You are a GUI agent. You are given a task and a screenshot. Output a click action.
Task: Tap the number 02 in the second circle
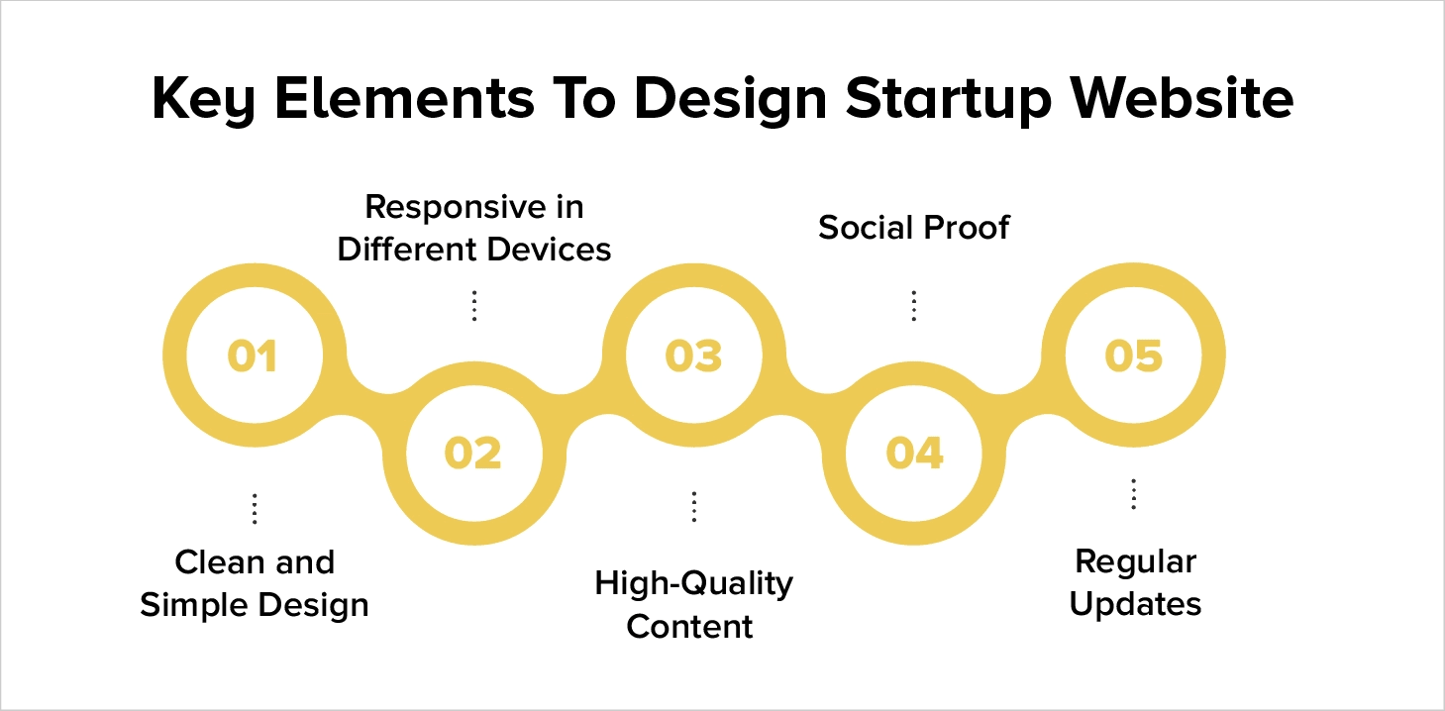tap(473, 453)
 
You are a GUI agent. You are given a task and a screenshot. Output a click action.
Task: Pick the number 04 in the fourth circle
tap(914, 453)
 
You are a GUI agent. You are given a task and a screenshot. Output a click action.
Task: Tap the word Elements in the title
tap(400, 99)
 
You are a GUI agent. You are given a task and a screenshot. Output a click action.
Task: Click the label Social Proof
tap(913, 228)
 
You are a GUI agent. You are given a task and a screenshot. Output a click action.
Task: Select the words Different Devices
tap(473, 250)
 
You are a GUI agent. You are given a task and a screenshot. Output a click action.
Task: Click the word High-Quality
tap(693, 583)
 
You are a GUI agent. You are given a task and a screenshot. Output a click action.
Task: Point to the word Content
tap(690, 626)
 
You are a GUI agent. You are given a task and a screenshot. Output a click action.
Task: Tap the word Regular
tap(1135, 561)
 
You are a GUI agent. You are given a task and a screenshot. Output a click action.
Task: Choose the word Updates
tap(1135, 604)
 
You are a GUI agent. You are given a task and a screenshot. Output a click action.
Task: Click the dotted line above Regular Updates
tap(1134, 494)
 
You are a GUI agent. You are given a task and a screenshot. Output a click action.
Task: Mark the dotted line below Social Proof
tap(913, 305)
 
